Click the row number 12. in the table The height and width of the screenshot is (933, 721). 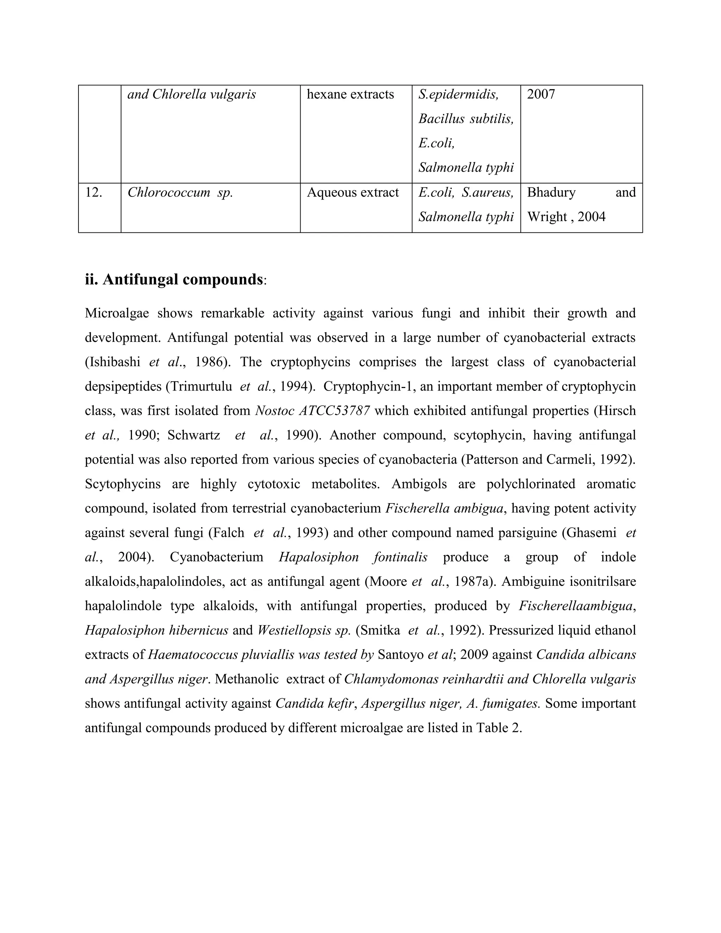point(94,193)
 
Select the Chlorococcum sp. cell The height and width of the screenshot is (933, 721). point(180,193)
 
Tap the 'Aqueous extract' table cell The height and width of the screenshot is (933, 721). point(353,193)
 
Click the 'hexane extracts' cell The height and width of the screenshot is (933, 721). point(350,94)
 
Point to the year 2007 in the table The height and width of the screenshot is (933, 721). point(541,94)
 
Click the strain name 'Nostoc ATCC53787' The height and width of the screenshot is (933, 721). point(312,411)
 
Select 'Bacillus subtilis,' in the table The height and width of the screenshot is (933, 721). point(466,119)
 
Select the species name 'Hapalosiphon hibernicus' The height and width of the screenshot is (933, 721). point(156,631)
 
